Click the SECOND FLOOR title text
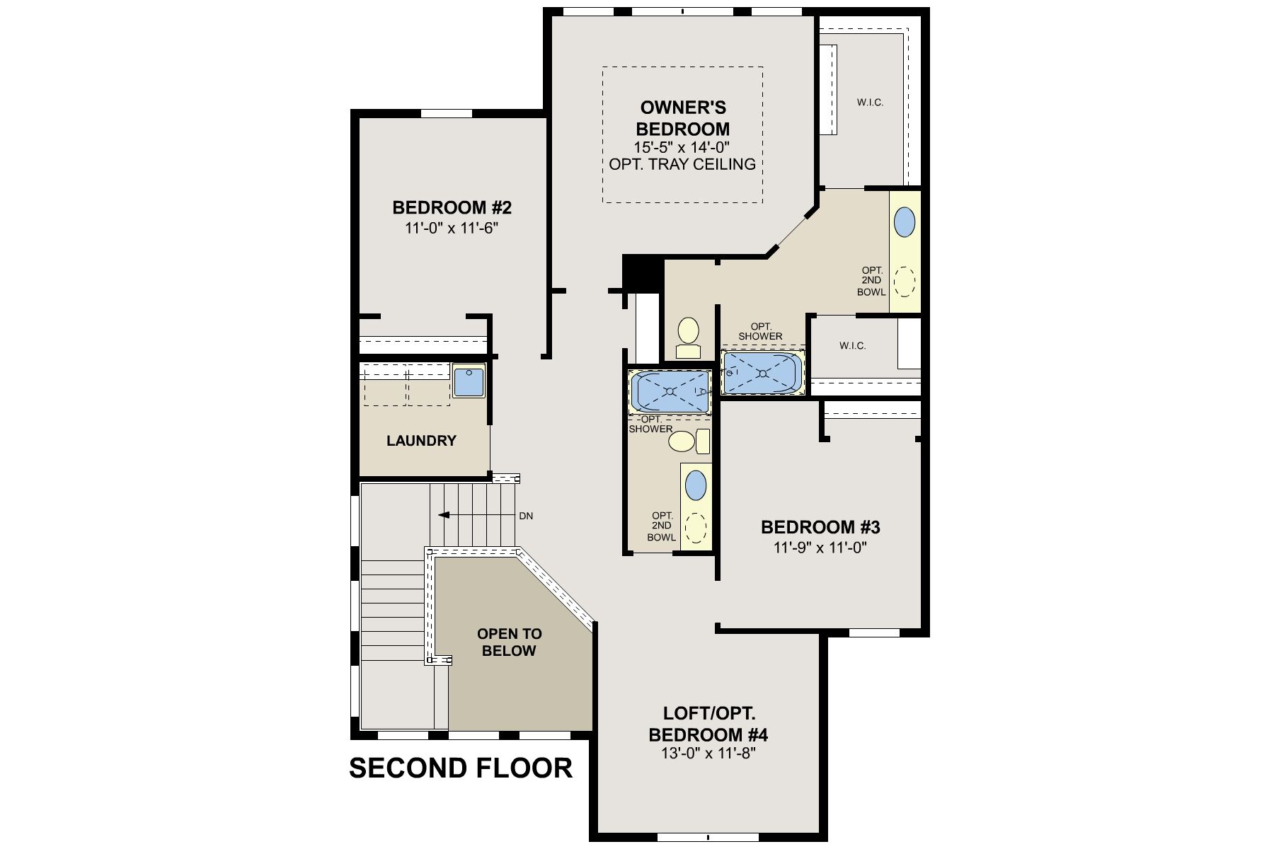coord(461,768)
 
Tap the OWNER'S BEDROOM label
coord(683,118)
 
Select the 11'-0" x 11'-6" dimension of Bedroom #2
coord(452,229)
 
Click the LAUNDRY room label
coord(421,441)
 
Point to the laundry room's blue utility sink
coord(468,381)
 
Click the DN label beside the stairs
coord(526,516)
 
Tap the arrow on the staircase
coord(444,515)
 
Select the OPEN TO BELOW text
coord(509,642)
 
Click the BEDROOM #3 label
coord(820,527)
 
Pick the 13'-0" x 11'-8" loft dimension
coord(708,753)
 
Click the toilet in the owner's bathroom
coord(688,337)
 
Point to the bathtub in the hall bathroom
coord(669,391)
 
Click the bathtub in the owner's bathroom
coord(762,373)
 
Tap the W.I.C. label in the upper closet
coord(870,103)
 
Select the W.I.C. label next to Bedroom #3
coord(852,346)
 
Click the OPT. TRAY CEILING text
coord(682,164)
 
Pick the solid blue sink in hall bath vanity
coord(696,485)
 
